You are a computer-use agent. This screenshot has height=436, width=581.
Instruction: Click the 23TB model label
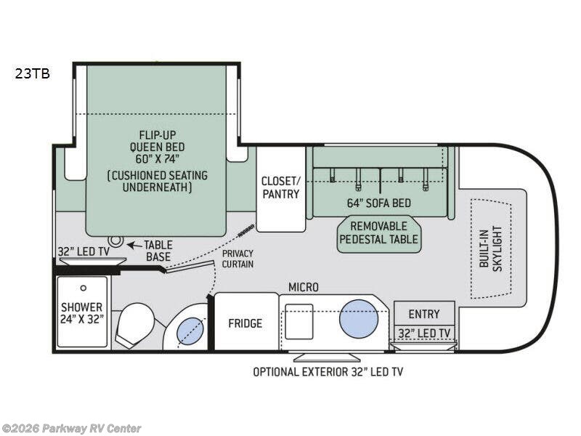coord(33,74)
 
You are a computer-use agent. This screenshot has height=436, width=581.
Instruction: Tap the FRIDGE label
coord(245,323)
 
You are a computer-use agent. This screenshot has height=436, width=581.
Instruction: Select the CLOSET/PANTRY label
coord(281,187)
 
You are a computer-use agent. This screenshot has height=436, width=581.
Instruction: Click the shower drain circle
coord(84,288)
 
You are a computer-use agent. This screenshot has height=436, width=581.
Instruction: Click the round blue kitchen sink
coord(359,319)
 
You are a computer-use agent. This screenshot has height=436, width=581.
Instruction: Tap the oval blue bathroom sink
coord(191,331)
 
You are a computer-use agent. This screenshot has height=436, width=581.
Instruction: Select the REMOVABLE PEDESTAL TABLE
coord(378,234)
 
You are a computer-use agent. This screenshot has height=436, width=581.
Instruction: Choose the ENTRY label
coord(424,314)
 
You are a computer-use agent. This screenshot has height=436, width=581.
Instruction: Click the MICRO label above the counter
coord(304,287)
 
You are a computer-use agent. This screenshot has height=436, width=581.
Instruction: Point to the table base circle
coord(116,241)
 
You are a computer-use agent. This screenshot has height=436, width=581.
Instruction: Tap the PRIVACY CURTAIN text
coord(237,259)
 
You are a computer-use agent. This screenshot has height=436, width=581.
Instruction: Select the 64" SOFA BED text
coord(379,203)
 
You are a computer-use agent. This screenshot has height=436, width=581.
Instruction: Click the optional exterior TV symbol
coord(327,358)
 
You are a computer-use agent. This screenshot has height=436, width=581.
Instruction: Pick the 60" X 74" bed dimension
coord(157,159)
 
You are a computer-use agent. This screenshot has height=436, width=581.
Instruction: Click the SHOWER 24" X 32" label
coord(81,313)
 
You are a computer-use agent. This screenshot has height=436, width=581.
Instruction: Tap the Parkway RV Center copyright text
coord(70,429)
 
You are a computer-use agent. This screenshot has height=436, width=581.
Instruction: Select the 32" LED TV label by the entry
coord(424,334)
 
